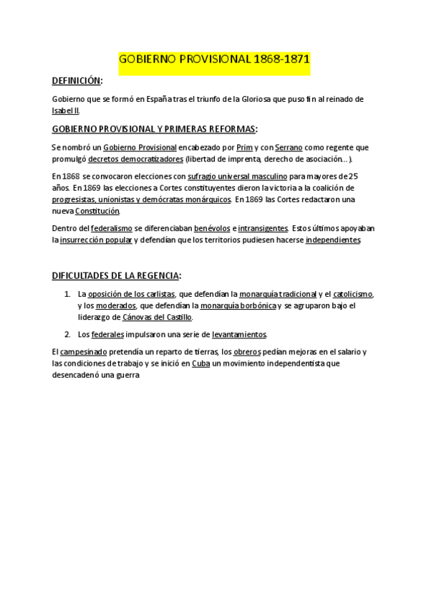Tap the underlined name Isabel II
66,111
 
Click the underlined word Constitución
97,211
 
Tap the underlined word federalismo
112,228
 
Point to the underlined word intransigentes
264,228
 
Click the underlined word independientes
332,240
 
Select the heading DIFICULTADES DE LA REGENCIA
116,275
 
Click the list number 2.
67,334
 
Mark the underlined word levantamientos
239,334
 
